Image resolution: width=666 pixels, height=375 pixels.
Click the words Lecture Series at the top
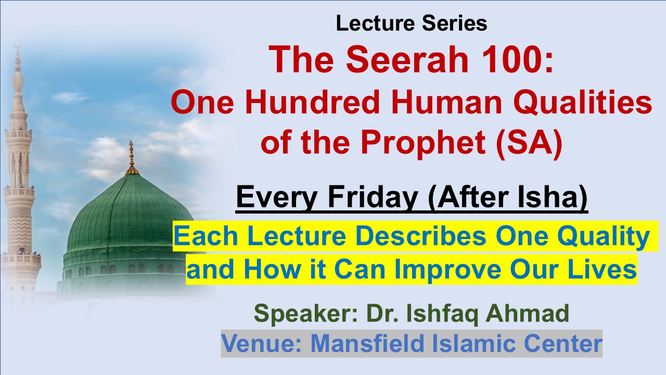412,23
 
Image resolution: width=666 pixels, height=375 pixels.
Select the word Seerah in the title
407,59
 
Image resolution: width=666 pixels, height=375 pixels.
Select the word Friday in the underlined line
373,197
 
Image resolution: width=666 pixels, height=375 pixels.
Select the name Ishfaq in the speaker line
442,314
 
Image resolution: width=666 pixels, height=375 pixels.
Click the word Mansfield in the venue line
367,343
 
